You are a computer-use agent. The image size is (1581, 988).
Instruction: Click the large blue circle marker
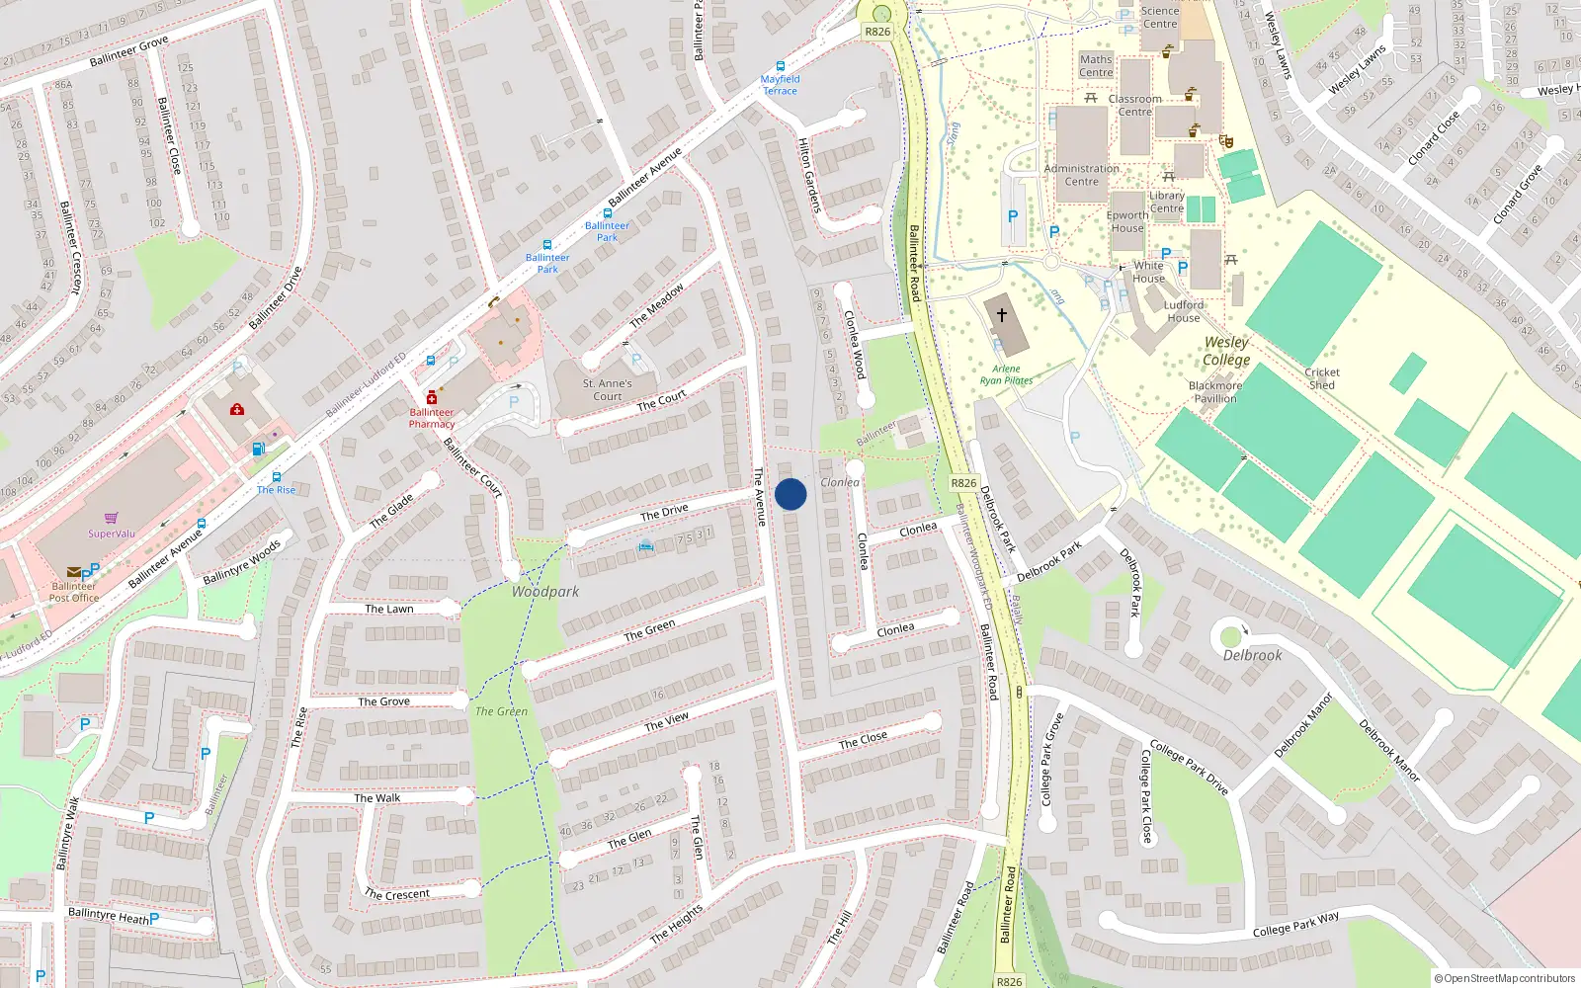[790, 494]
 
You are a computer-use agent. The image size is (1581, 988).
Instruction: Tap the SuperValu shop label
[112, 534]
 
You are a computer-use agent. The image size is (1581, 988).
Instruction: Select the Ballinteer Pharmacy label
[432, 418]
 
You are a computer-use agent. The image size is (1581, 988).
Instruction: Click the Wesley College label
[1226, 351]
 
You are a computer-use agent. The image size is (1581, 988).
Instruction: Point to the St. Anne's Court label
[607, 389]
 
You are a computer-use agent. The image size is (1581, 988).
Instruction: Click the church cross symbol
[1001, 315]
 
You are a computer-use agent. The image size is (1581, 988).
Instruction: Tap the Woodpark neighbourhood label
[545, 591]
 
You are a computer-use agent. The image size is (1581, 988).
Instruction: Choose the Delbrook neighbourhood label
[1252, 655]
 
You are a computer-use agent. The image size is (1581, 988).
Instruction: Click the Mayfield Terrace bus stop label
[780, 85]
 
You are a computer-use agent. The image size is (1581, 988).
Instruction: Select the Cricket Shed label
[1322, 378]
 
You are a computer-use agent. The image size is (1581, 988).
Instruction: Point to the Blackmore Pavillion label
[1215, 392]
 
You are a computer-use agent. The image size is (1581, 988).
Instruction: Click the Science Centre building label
[1160, 17]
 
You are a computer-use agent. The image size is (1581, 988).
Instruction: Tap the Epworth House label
[1127, 221]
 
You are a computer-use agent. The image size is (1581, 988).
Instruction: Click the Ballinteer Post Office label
[74, 592]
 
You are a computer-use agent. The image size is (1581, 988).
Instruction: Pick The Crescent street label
[397, 894]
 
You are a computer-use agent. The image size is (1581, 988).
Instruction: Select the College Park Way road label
[1296, 924]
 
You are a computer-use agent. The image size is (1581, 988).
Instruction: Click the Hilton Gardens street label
[809, 175]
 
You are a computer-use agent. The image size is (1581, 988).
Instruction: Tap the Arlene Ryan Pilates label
[1006, 374]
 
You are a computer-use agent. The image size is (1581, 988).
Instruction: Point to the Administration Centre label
[1082, 175]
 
